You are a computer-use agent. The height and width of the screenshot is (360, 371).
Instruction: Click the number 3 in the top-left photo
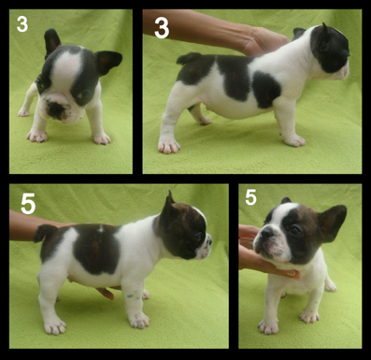22,24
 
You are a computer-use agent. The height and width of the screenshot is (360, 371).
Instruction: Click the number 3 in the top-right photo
162,28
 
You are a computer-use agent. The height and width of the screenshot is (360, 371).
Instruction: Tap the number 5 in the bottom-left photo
28,204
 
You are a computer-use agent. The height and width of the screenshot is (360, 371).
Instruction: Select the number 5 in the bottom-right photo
250,197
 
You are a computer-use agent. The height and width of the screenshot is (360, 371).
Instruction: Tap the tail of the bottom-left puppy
46,233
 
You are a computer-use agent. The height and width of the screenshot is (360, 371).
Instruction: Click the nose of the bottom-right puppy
266,231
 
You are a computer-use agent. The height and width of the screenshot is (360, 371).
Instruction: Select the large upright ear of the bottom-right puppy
332,222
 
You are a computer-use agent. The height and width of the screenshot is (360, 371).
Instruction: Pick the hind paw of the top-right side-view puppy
169,146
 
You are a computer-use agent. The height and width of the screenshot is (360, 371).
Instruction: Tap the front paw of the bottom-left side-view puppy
139,321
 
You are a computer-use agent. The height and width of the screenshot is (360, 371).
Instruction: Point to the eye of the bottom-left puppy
199,237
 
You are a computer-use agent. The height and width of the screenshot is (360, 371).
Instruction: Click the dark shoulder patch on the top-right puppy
265,89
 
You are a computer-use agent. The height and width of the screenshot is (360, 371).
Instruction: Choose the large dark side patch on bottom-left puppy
96,250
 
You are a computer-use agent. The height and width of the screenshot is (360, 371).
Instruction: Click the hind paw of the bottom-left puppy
55,326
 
